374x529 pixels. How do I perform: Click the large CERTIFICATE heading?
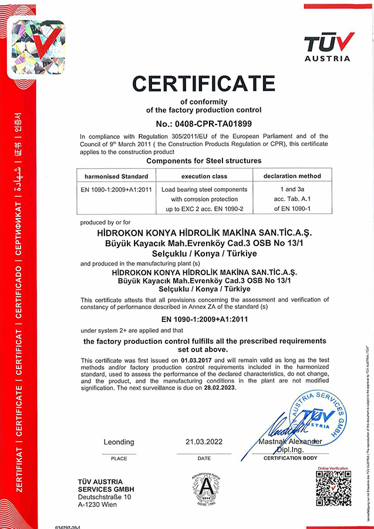pyautogui.click(x=203, y=83)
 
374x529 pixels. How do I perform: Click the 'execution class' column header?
pyautogui.click(x=205, y=176)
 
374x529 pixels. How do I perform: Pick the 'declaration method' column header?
pyautogui.click(x=292, y=176)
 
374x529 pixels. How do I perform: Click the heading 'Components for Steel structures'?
pyautogui.click(x=203, y=160)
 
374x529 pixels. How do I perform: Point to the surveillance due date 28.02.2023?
pyautogui.click(x=217, y=389)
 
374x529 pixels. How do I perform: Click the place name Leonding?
pyautogui.click(x=119, y=441)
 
